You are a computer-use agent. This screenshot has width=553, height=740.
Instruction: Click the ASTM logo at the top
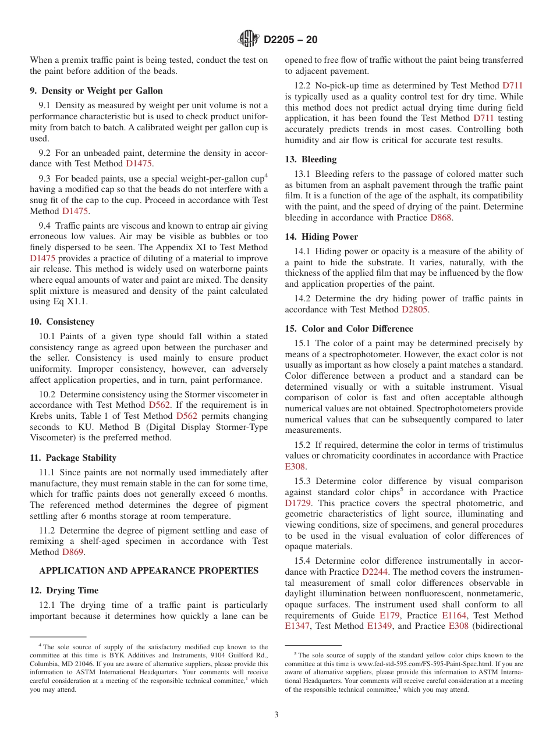pos(249,40)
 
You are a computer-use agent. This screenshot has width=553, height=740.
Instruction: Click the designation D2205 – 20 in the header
pos(290,40)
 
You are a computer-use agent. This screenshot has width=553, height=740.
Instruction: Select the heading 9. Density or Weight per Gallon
pos(96,91)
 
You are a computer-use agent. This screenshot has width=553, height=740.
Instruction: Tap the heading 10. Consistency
pos(62,322)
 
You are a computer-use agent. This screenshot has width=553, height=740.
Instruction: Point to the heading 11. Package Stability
pos(73,458)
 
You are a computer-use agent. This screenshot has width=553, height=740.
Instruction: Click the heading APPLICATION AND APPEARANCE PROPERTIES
pos(148,571)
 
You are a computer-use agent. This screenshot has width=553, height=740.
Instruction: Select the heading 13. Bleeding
pos(310,159)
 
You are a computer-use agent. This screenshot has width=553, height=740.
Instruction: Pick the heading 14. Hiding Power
pos(321,237)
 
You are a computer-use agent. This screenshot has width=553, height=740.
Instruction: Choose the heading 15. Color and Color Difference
pos(349,329)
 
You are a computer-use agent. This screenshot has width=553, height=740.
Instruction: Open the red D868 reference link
pos(441,218)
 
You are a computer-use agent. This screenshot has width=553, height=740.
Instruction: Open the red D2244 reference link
pos(375,572)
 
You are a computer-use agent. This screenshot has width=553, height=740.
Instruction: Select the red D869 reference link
pos(73,552)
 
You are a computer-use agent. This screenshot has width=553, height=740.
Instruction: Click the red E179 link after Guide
pos(389,615)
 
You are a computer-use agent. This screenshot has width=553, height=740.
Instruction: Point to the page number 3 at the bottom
pos(276,715)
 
